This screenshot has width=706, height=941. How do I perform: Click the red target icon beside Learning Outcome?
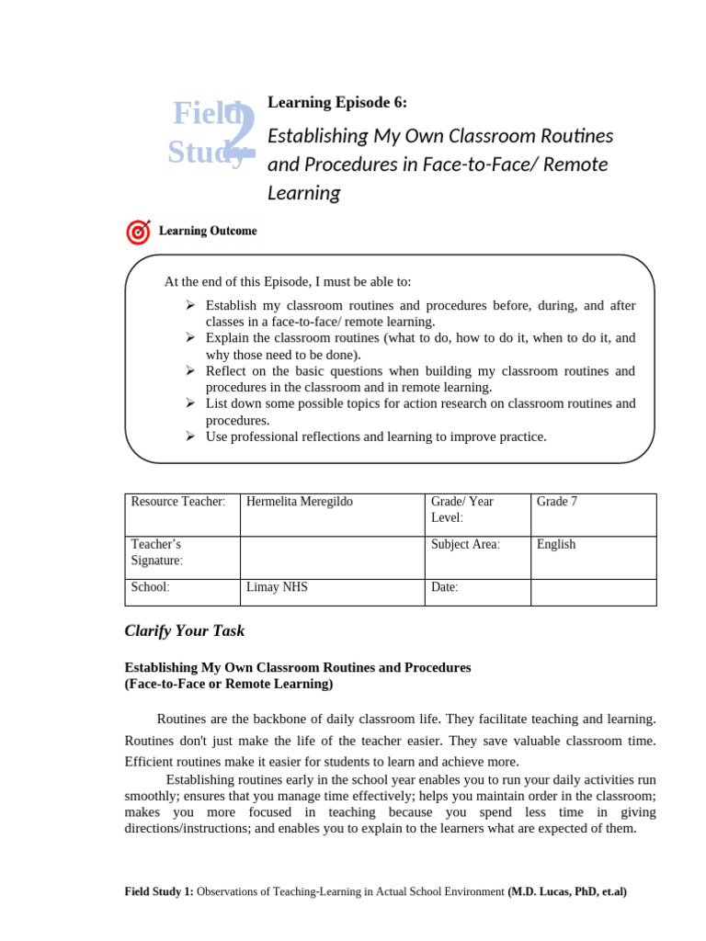(138, 232)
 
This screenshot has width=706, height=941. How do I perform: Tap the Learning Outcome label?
(208, 231)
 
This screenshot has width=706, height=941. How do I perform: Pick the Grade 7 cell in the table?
(557, 502)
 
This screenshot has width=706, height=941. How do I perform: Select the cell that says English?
(556, 544)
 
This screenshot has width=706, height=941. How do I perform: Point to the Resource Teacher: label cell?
(178, 502)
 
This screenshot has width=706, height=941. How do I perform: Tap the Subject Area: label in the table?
(465, 544)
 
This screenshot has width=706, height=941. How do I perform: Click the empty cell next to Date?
(593, 592)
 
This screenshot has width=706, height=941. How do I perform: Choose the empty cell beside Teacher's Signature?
(332, 557)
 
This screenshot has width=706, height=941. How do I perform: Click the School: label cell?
(151, 586)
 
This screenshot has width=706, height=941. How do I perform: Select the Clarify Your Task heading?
(185, 631)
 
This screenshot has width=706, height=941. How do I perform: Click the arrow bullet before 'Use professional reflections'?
(189, 436)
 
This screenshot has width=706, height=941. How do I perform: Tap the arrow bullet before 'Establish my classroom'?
(189, 304)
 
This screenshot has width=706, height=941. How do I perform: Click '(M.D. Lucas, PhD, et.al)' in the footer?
(567, 891)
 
